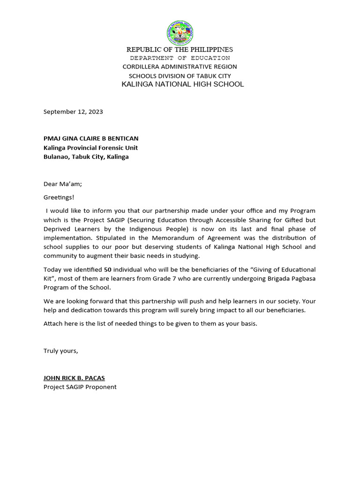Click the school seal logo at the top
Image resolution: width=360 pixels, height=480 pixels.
point(180,33)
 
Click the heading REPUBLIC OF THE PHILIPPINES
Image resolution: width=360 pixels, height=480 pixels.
point(180,50)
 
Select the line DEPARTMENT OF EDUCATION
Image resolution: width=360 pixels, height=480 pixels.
point(180,58)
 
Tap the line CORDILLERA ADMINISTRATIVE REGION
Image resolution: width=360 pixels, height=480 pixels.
point(180,67)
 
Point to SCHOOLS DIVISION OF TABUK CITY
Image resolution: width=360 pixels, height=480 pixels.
point(180,76)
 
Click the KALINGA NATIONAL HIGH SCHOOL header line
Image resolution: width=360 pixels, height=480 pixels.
point(182,84)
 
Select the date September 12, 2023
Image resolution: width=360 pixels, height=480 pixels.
point(73,112)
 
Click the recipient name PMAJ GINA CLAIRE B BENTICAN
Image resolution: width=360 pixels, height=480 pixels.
point(91,139)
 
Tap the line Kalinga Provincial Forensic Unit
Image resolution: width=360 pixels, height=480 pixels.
point(90,148)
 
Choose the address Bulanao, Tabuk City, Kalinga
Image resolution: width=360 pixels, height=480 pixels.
point(86,157)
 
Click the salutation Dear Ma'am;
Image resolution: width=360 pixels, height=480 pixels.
point(63,184)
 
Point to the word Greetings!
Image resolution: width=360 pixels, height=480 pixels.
point(59,197)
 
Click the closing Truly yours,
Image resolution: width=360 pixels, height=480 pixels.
point(61,351)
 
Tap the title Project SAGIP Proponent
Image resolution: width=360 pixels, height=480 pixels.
point(80,387)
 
